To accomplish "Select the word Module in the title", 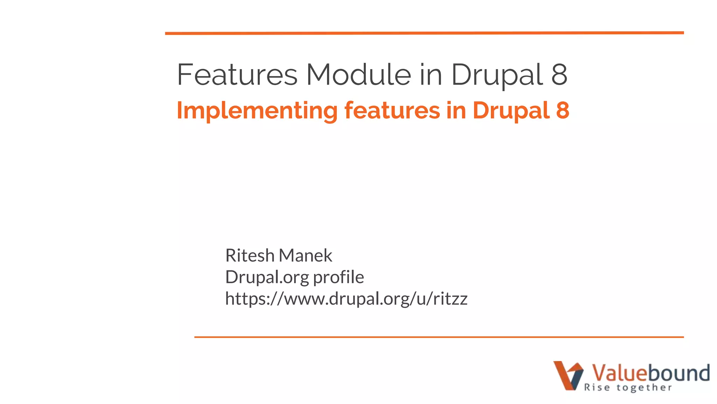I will click(x=358, y=74).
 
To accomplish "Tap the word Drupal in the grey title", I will click(x=497, y=75).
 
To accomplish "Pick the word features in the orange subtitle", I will click(x=392, y=110).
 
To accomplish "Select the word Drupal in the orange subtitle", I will click(x=511, y=111).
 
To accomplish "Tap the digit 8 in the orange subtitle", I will click(x=562, y=110).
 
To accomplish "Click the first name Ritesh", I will click(x=250, y=255).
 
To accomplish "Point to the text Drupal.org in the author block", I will click(x=267, y=277).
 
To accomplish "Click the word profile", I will click(x=338, y=277).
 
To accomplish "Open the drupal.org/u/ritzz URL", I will click(x=346, y=299).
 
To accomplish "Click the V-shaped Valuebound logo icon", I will click(x=568, y=375).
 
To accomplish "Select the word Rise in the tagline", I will click(x=597, y=388).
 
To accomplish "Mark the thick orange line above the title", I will click(x=424, y=33).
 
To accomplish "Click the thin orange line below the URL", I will click(x=439, y=337).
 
